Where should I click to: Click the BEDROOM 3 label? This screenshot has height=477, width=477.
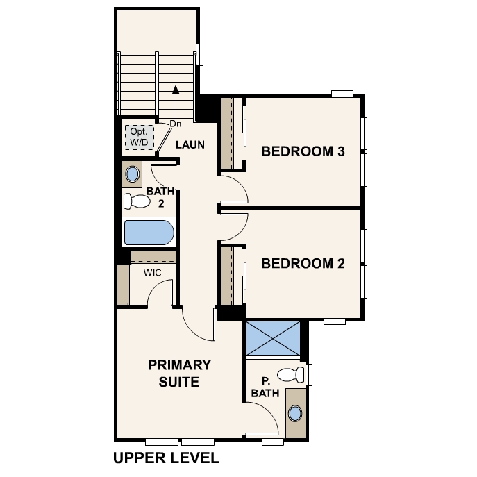tap(303, 151)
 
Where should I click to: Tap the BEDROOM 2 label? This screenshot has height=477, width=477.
tap(303, 263)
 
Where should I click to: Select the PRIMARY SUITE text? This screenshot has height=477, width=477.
tap(180, 374)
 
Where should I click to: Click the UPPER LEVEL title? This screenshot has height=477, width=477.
tap(166, 458)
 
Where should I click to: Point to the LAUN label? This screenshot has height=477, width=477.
tap(190, 145)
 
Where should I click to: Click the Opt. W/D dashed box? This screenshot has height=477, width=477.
tap(140, 137)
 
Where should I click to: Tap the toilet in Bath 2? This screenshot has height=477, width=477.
tap(137, 201)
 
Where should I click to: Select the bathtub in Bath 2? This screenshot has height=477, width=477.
tap(149, 233)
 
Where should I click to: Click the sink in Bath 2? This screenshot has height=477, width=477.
tap(133, 174)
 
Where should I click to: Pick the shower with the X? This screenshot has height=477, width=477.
tap(273, 338)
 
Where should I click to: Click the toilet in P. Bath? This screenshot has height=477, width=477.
tap(291, 375)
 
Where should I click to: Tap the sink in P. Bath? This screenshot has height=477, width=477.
tap(295, 413)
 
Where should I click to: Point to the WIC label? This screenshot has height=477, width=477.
tap(153, 273)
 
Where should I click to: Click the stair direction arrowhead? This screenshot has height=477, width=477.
tap(176, 90)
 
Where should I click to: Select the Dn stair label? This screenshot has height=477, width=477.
tap(175, 124)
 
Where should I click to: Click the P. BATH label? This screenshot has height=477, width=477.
tap(265, 387)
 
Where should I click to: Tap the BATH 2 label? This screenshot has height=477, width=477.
tap(160, 197)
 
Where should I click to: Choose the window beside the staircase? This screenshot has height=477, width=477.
tap(199, 55)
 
